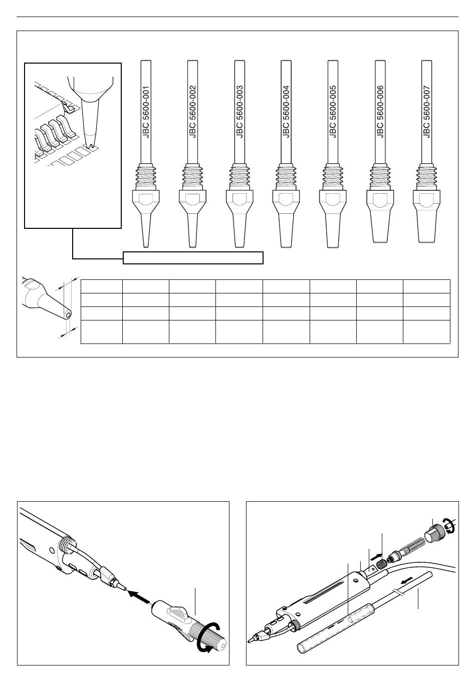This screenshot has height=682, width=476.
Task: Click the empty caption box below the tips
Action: [193, 258]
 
